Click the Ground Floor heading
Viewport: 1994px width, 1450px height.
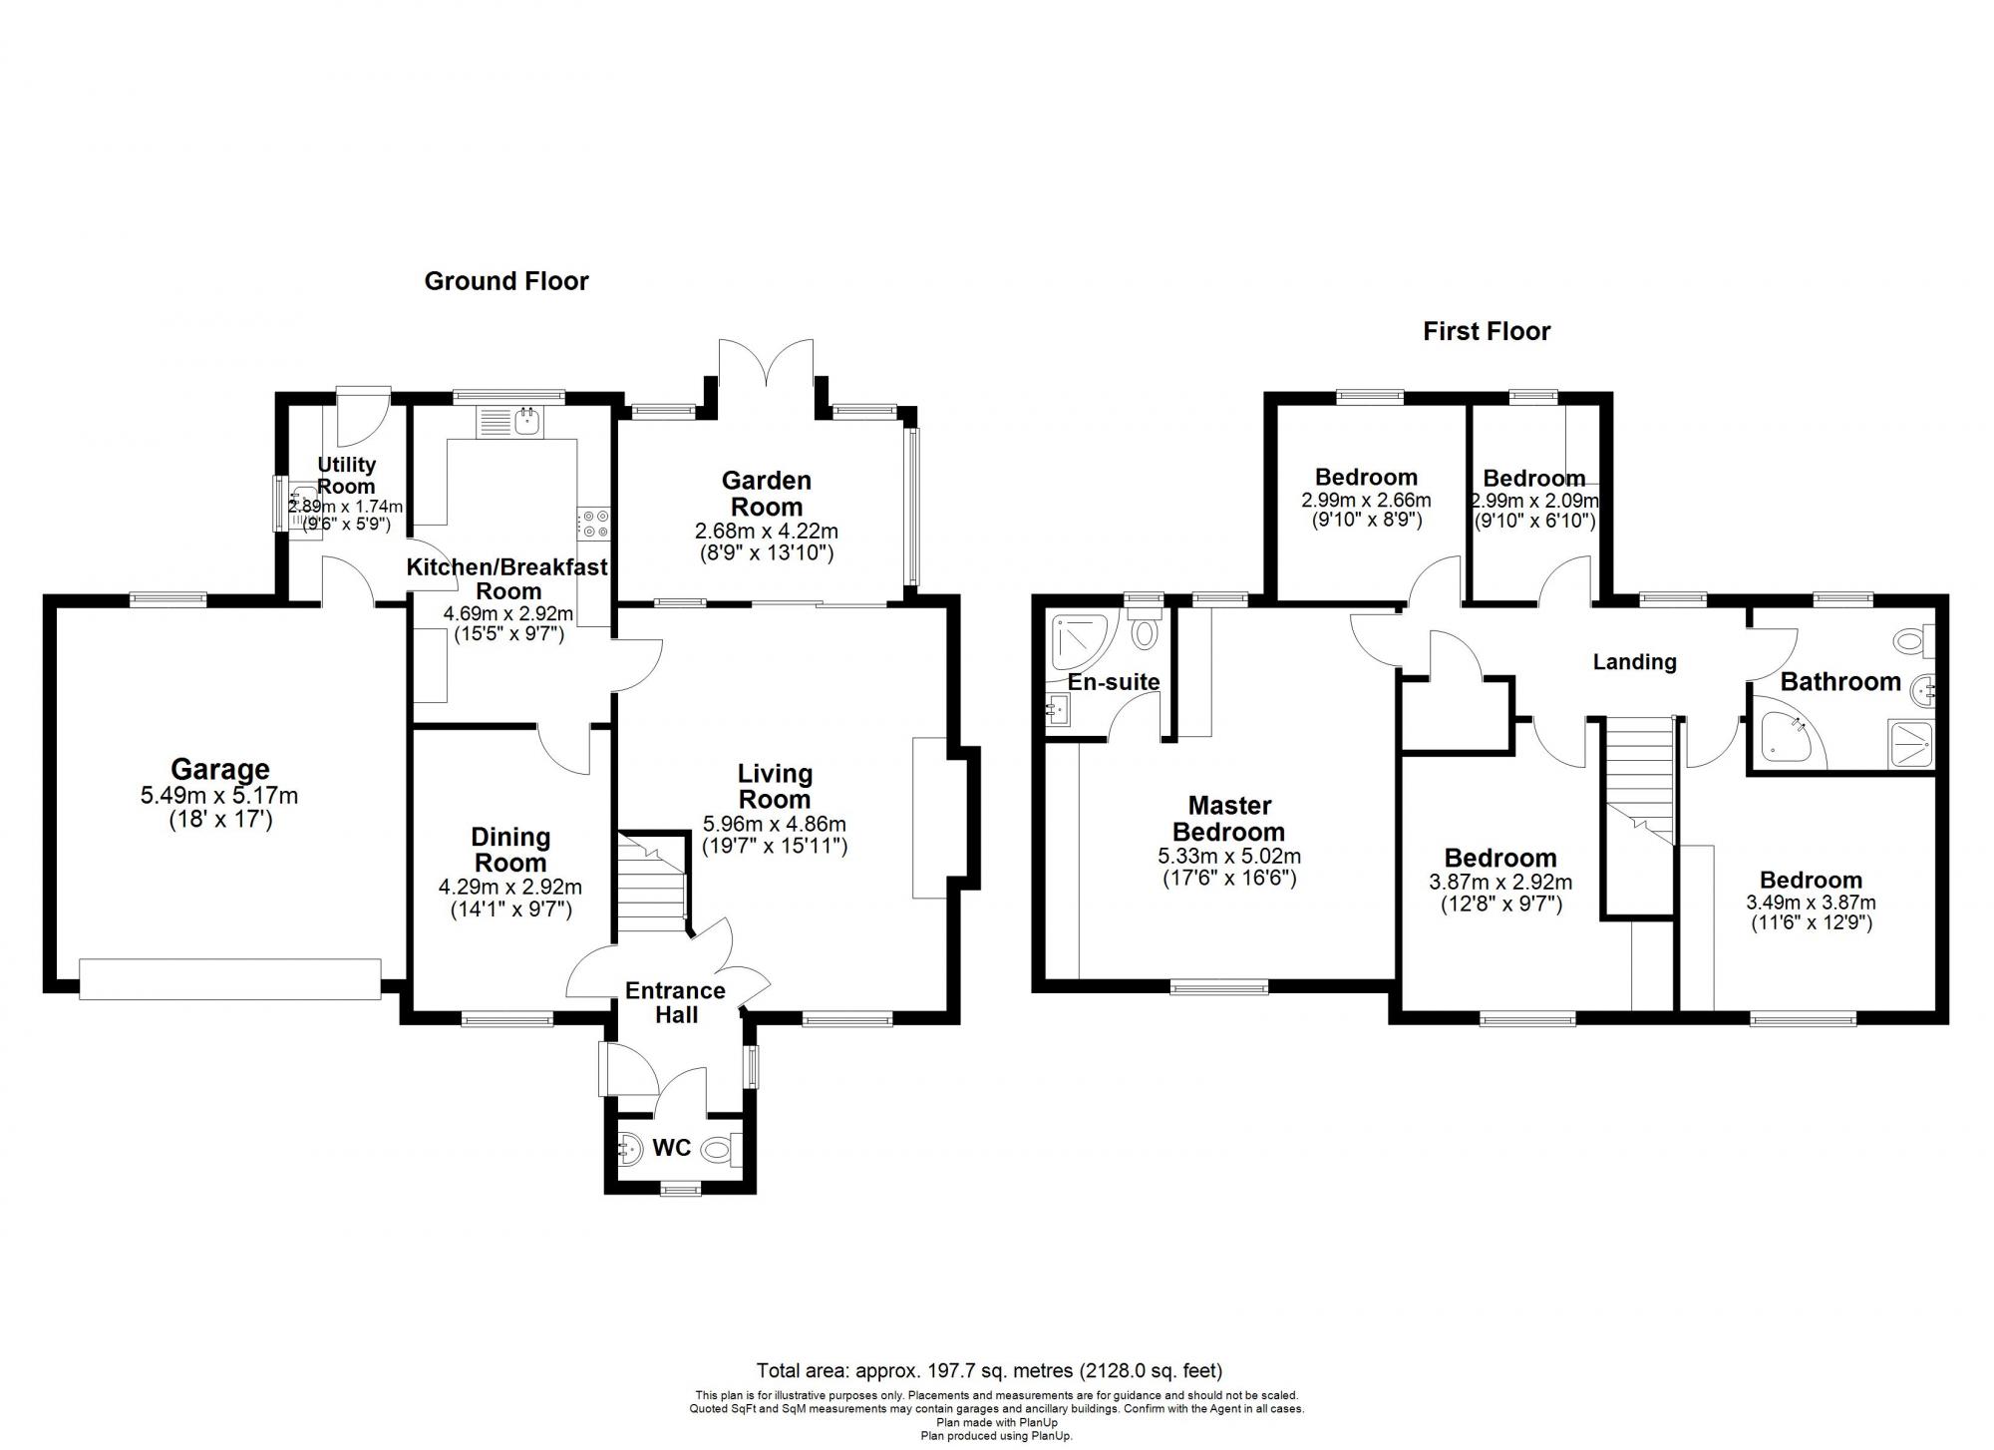[506, 281]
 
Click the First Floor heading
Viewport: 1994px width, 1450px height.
[1487, 331]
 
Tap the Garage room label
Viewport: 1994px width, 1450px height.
[219, 769]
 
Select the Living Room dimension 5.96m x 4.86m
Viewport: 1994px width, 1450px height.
[775, 824]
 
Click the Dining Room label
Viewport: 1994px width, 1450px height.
[509, 850]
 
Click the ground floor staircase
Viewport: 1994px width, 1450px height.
[650, 883]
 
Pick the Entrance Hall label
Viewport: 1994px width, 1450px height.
[675, 1002]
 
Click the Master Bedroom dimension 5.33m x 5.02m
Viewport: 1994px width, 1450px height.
[1228, 856]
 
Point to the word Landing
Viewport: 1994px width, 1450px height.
[1634, 662]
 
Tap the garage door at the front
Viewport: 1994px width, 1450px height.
[230, 978]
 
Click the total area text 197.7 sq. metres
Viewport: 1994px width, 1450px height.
[989, 1370]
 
